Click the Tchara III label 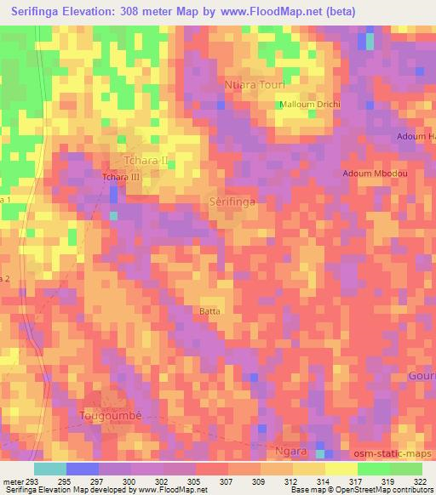tap(120, 177)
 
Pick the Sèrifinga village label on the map tap(232, 202)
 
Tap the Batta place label tap(209, 311)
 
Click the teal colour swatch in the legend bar tap(49, 468)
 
